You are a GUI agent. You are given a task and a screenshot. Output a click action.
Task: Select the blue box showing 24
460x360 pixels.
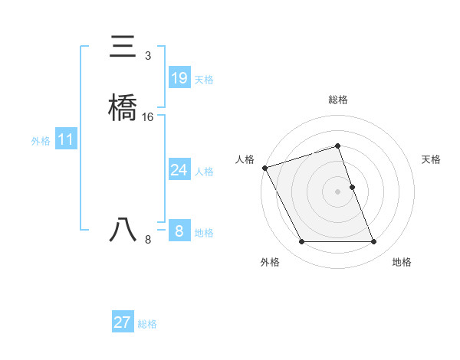179,170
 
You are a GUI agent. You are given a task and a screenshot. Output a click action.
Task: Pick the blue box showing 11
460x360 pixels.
66,139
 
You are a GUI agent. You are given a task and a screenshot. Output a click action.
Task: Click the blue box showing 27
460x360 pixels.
123,322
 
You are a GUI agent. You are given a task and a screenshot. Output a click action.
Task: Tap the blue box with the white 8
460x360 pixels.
179,231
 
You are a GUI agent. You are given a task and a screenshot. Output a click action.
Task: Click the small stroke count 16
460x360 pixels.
148,117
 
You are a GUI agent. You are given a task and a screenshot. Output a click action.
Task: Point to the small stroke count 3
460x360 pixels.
147,56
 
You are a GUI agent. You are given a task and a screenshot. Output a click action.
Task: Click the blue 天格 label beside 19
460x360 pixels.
204,80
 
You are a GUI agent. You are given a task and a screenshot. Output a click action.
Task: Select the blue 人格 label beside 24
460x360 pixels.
204,172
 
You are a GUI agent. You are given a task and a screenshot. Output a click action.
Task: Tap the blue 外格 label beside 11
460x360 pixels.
41,141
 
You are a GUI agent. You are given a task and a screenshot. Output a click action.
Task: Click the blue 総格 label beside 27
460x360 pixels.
147,324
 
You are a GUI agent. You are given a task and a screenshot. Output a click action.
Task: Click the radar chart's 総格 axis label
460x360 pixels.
338,100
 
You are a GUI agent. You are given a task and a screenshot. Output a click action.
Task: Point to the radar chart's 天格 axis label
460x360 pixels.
432,159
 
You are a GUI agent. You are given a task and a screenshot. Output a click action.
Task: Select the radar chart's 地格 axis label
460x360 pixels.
402,262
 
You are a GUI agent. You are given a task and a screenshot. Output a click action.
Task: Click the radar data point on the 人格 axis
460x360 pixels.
264,168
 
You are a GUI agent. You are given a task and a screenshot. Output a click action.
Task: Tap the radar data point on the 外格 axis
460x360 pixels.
301,242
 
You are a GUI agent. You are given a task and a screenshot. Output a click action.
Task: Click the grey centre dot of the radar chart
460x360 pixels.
338,191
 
